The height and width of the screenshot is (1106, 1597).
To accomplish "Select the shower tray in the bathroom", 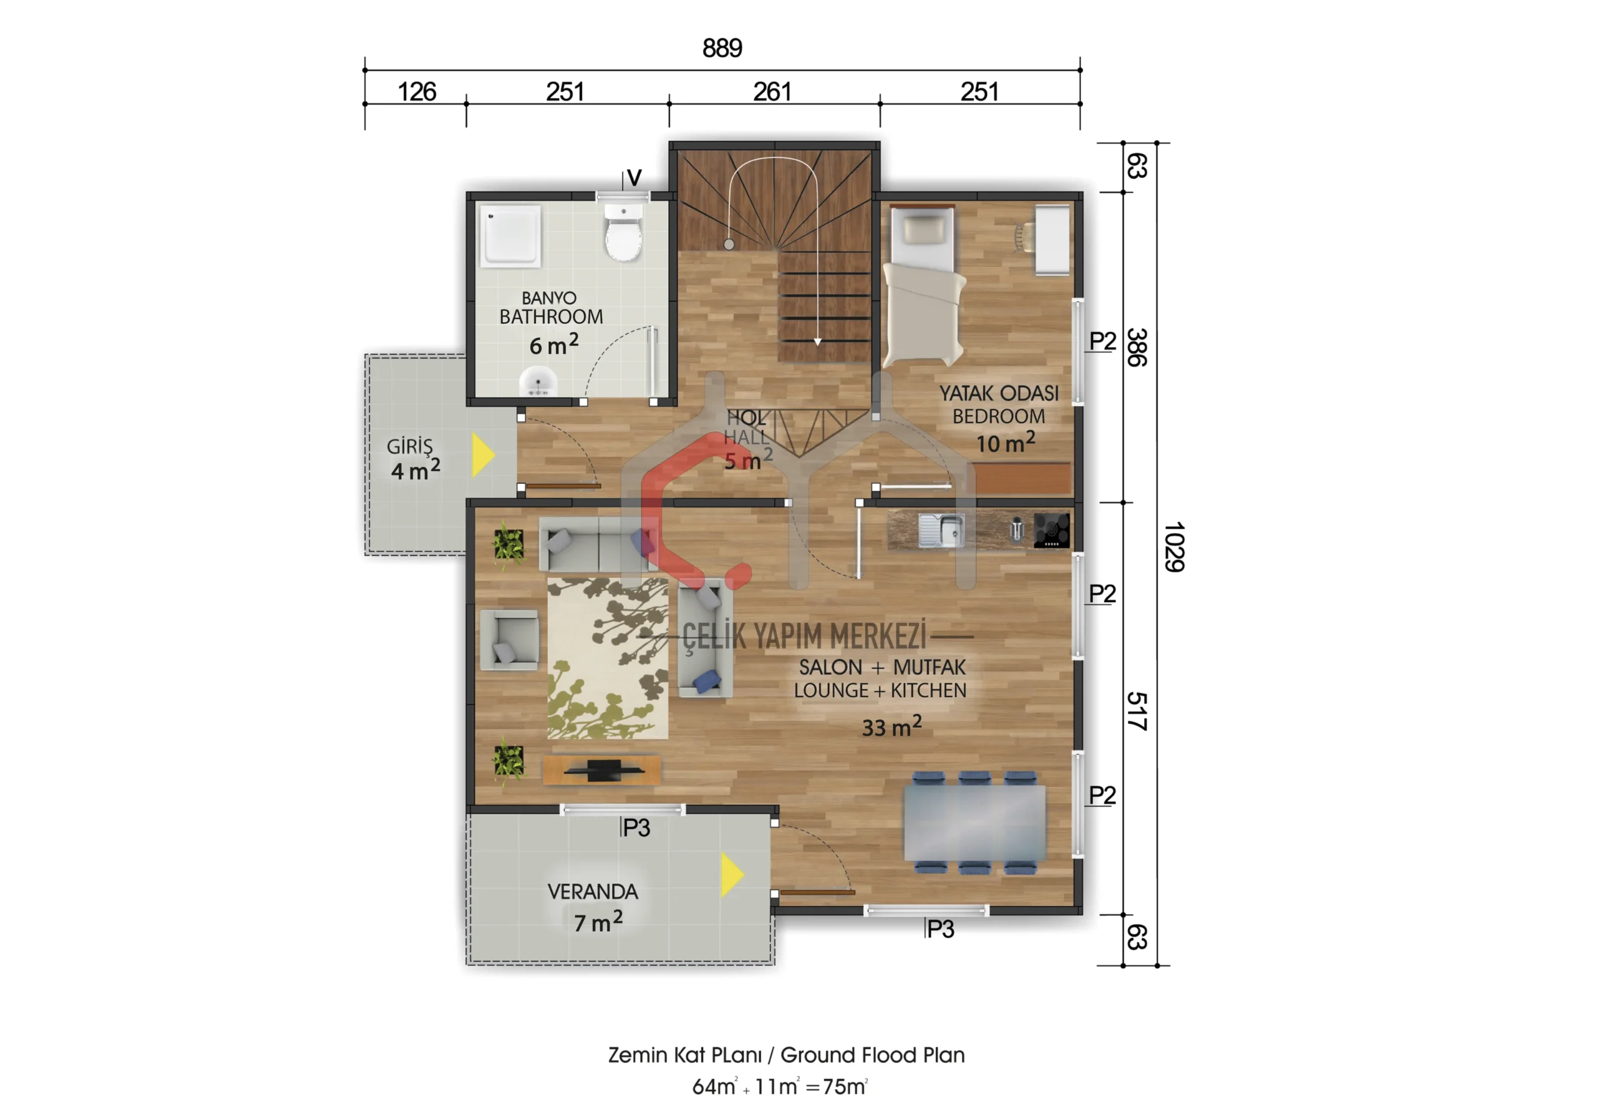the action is tap(511, 235).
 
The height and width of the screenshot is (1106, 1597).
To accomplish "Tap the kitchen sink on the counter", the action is tap(941, 530).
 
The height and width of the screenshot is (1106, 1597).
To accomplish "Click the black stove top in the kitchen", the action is tap(1051, 530).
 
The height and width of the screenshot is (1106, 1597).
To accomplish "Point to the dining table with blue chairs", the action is tap(974, 822).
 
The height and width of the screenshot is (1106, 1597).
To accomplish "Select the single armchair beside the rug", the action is tap(509, 640).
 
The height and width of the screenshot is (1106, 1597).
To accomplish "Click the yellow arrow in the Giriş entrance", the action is tap(483, 454).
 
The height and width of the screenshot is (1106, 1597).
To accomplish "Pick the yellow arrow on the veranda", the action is tap(732, 874).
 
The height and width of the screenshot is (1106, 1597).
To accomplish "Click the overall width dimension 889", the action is tap(722, 48).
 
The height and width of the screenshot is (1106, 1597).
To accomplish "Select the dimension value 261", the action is tap(772, 92).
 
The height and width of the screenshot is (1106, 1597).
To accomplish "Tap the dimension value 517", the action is tap(1137, 711).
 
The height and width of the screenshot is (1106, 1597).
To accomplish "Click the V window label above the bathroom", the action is tap(634, 178).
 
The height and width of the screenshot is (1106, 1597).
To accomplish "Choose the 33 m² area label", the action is tap(891, 727).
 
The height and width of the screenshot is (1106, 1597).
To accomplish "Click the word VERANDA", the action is tap(593, 892).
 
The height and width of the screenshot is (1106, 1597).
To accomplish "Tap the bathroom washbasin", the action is tap(538, 382).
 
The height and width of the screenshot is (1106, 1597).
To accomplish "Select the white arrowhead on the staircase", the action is tap(818, 341).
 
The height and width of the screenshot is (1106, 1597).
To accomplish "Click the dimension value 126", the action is tap(417, 92).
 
